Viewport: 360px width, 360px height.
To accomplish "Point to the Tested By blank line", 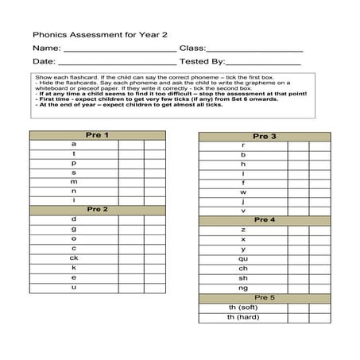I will (x=263, y=64).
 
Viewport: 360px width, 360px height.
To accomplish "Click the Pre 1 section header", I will (x=98, y=135).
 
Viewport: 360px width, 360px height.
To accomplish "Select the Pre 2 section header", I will (x=98, y=209).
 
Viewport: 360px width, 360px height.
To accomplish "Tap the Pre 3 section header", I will (x=265, y=137).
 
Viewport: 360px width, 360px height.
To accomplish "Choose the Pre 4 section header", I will (x=265, y=219).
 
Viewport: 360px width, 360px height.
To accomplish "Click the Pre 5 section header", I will (x=265, y=297).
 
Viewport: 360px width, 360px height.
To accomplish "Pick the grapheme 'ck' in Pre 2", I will (x=74, y=257).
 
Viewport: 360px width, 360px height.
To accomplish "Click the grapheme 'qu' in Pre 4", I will (x=242, y=258).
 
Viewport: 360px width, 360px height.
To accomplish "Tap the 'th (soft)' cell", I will (x=242, y=308).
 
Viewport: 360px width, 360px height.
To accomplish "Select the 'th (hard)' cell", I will (x=242, y=318).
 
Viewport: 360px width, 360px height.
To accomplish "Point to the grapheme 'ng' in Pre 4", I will (x=242, y=288).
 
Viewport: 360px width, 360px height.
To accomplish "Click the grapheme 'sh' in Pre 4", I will (x=242, y=278).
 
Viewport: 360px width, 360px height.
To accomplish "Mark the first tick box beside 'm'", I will (x=130, y=181).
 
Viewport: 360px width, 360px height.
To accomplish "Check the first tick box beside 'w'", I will (x=298, y=192).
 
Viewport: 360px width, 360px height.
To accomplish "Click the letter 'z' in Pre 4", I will (x=242, y=229).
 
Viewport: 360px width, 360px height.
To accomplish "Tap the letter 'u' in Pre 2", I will (x=74, y=287).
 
